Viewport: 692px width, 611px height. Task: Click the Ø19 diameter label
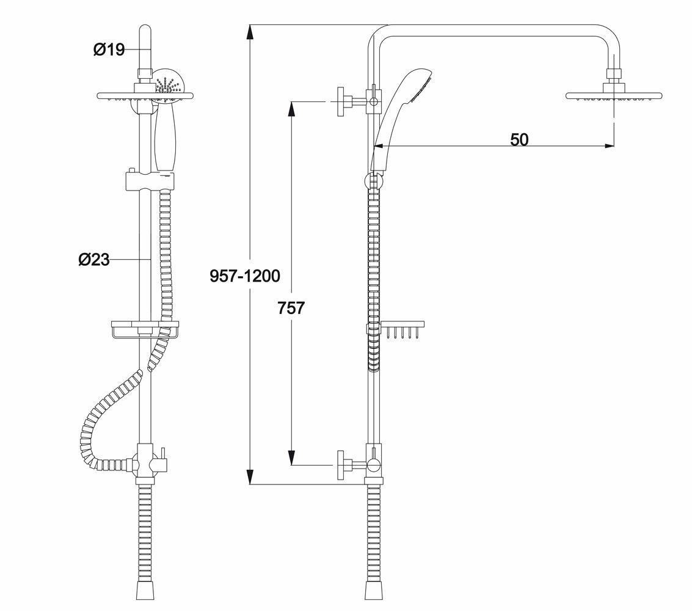(109, 49)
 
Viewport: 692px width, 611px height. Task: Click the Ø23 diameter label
(94, 260)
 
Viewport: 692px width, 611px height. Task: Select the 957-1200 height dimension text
(245, 276)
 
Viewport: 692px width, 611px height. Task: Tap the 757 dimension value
(291, 308)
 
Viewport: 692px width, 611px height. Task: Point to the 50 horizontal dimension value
(519, 139)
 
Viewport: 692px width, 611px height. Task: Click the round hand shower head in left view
(167, 85)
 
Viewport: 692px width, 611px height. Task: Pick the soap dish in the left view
(144, 329)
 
